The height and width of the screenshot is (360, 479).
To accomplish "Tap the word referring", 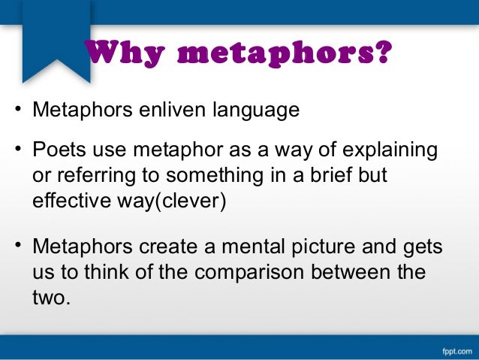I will (x=97, y=177).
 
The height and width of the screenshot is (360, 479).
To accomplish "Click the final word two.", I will (x=52, y=298).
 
